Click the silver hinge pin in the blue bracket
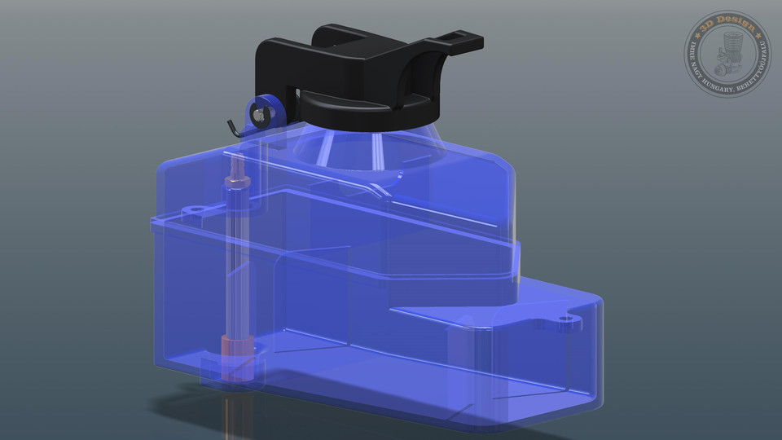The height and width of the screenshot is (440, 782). [x=258, y=116]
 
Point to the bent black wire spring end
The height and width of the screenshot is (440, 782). [x=233, y=125]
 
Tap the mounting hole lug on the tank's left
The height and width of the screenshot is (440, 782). [x=195, y=211]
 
